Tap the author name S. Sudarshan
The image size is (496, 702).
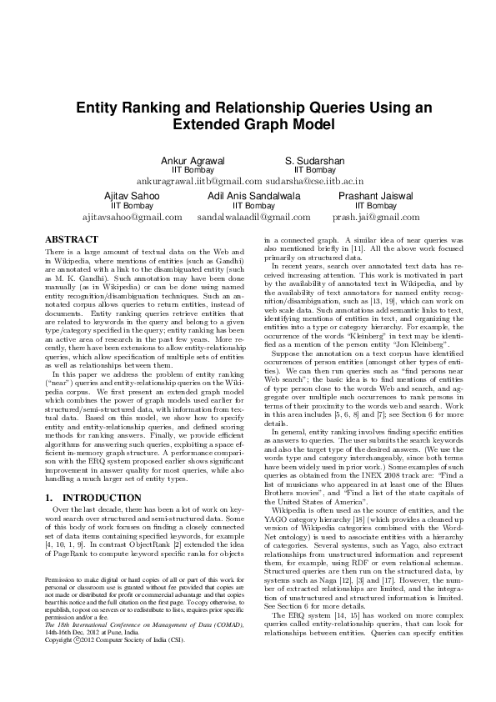click(x=315, y=160)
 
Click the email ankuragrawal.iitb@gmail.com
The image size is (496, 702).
click(x=199, y=180)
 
